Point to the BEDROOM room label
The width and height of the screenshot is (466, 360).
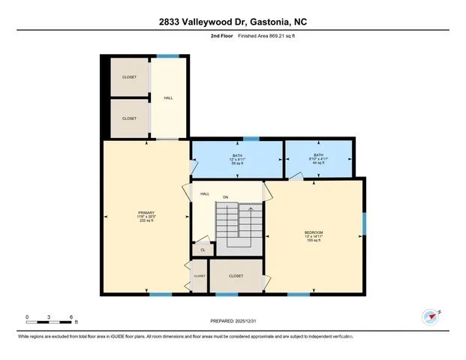314,232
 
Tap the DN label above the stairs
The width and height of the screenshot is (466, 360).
225,198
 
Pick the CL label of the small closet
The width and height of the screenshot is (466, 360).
203,250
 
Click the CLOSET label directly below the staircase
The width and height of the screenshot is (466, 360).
236,275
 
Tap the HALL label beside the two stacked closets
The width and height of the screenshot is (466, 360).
168,97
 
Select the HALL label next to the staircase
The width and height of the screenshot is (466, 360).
204,193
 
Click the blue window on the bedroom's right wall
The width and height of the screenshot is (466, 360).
365,223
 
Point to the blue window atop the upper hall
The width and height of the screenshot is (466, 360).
167,56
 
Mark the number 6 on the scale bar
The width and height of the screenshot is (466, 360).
70,316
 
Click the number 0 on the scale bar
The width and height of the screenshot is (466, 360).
26,316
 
